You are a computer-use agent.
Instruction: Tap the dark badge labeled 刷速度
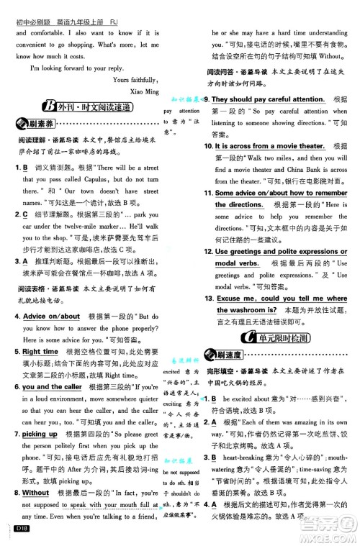226,355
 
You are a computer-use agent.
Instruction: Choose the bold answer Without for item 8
35,493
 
